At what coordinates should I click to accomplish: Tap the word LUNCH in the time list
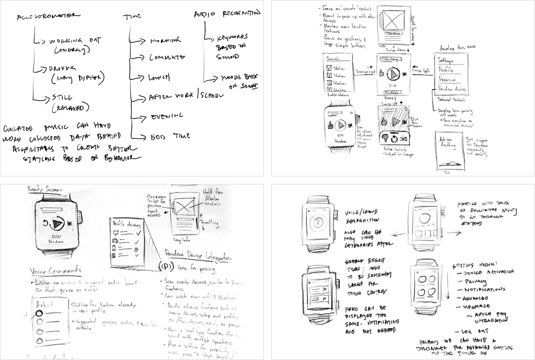160,76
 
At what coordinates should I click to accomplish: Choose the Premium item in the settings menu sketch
447,79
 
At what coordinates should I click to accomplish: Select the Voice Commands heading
55,270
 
